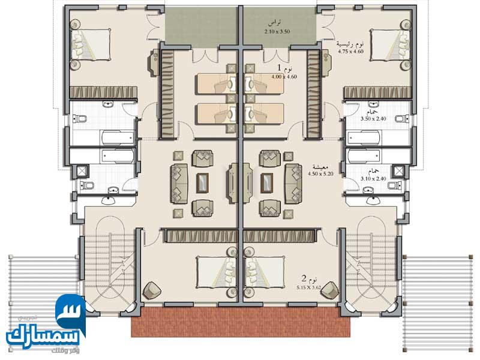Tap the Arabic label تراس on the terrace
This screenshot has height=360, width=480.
[x=276, y=22]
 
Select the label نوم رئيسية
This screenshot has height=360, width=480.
[x=350, y=44]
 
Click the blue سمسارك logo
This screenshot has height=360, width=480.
[x=45, y=327]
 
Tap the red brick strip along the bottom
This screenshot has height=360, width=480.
[x=243, y=324]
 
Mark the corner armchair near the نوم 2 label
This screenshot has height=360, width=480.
[x=331, y=289]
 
